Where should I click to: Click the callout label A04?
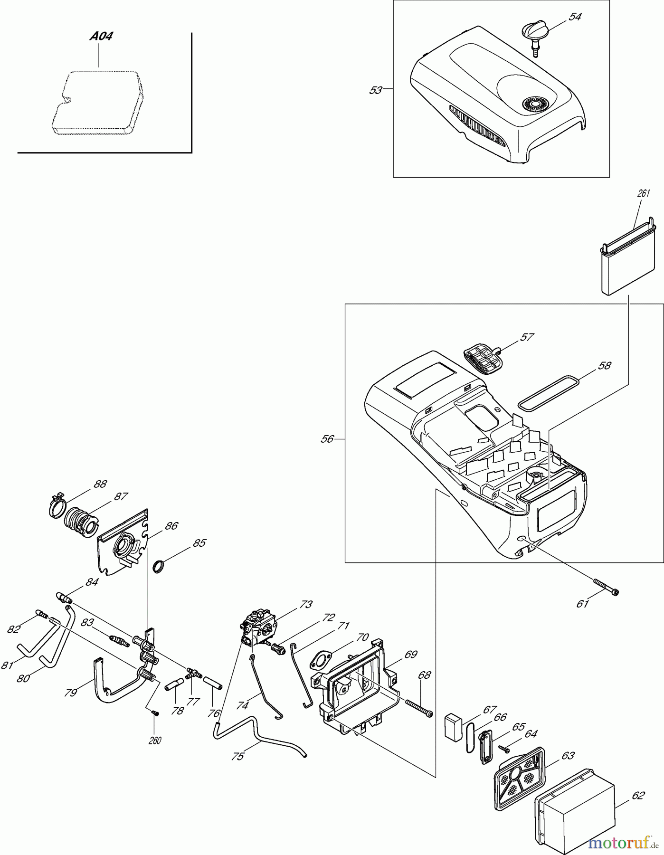(x=102, y=37)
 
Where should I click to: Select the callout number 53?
(x=375, y=90)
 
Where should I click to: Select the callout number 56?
(x=327, y=439)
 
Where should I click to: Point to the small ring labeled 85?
(x=159, y=567)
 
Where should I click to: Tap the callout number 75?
(x=237, y=756)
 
